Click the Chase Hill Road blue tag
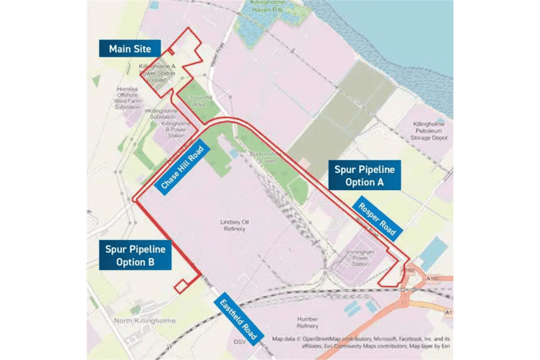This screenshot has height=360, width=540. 182,169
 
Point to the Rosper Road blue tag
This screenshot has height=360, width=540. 377,219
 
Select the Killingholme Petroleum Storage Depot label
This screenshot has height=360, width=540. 430,131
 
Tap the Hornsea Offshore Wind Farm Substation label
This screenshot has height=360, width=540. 128,98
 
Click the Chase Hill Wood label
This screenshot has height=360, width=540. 195,101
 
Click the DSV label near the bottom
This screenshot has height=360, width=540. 240,341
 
